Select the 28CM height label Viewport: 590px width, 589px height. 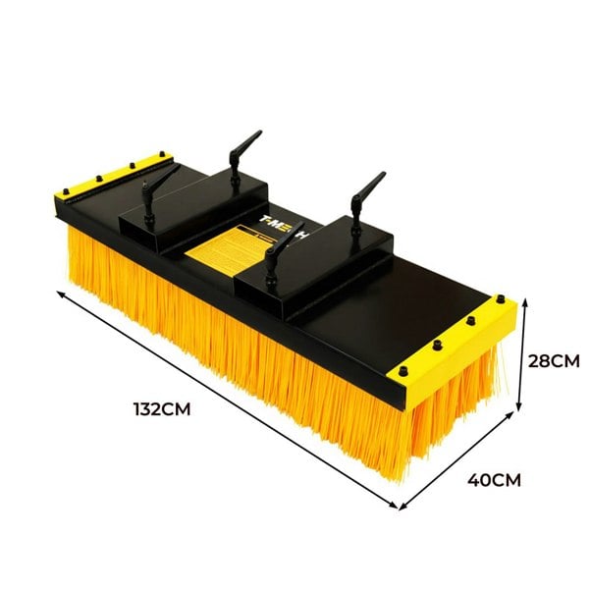[x=555, y=360]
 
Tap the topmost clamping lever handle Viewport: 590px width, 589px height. [x=243, y=147]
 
